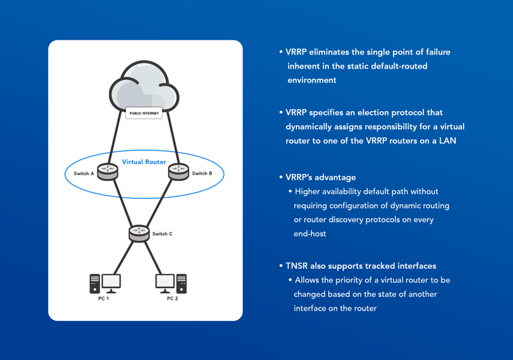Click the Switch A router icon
(108, 171)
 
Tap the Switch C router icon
(138, 233)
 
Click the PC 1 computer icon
(105, 282)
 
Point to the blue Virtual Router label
(144, 162)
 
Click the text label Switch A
(84, 173)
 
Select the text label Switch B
(202, 173)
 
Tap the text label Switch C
(162, 234)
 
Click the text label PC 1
(103, 298)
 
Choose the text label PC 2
(172, 298)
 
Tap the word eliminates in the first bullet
(335, 52)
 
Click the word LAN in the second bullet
(446, 141)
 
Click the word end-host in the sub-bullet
(310, 234)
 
